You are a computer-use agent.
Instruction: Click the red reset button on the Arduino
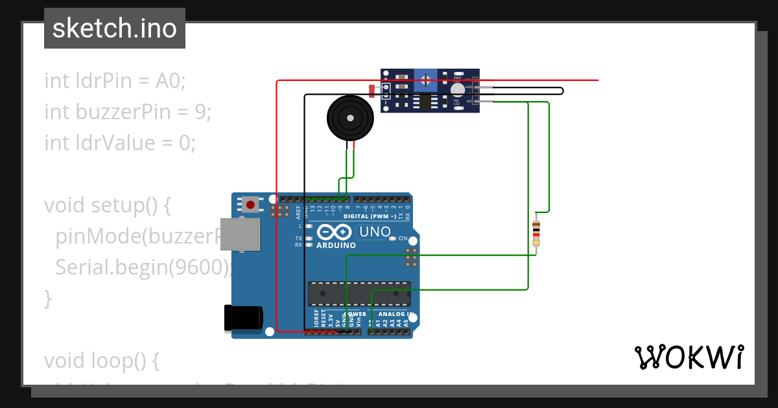250,205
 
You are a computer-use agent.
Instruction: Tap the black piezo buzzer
350,118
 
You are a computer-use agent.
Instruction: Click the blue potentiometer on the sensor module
425,81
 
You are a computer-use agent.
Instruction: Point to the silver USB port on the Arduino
241,234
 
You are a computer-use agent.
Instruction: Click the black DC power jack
243,317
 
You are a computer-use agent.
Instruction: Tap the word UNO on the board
375,232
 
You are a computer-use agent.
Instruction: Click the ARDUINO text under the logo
336,245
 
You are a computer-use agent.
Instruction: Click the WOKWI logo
689,357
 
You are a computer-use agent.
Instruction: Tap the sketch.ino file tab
115,28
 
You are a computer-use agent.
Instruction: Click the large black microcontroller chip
359,293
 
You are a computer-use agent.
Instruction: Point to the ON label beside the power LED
403,239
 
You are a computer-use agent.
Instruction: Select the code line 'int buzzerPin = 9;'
128,112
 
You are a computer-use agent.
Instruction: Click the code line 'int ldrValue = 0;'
119,142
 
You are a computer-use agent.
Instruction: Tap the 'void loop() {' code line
101,360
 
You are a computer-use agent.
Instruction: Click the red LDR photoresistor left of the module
371,91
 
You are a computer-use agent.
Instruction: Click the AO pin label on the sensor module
469,101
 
